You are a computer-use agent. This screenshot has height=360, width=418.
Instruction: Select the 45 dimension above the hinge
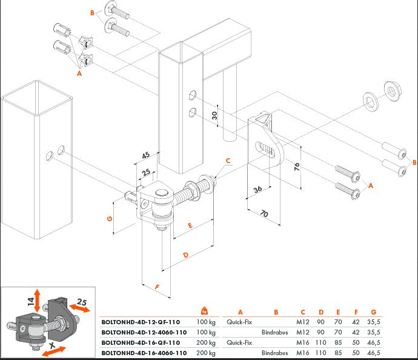145,156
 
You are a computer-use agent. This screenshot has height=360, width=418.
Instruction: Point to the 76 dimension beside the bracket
297,167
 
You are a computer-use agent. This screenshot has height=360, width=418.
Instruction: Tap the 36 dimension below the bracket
257,190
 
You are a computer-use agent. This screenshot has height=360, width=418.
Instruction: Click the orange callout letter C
228,161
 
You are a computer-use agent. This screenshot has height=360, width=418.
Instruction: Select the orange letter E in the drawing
190,226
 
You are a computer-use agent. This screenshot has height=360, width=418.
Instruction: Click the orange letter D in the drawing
185,255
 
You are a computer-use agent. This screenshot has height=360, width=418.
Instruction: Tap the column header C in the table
302,313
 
